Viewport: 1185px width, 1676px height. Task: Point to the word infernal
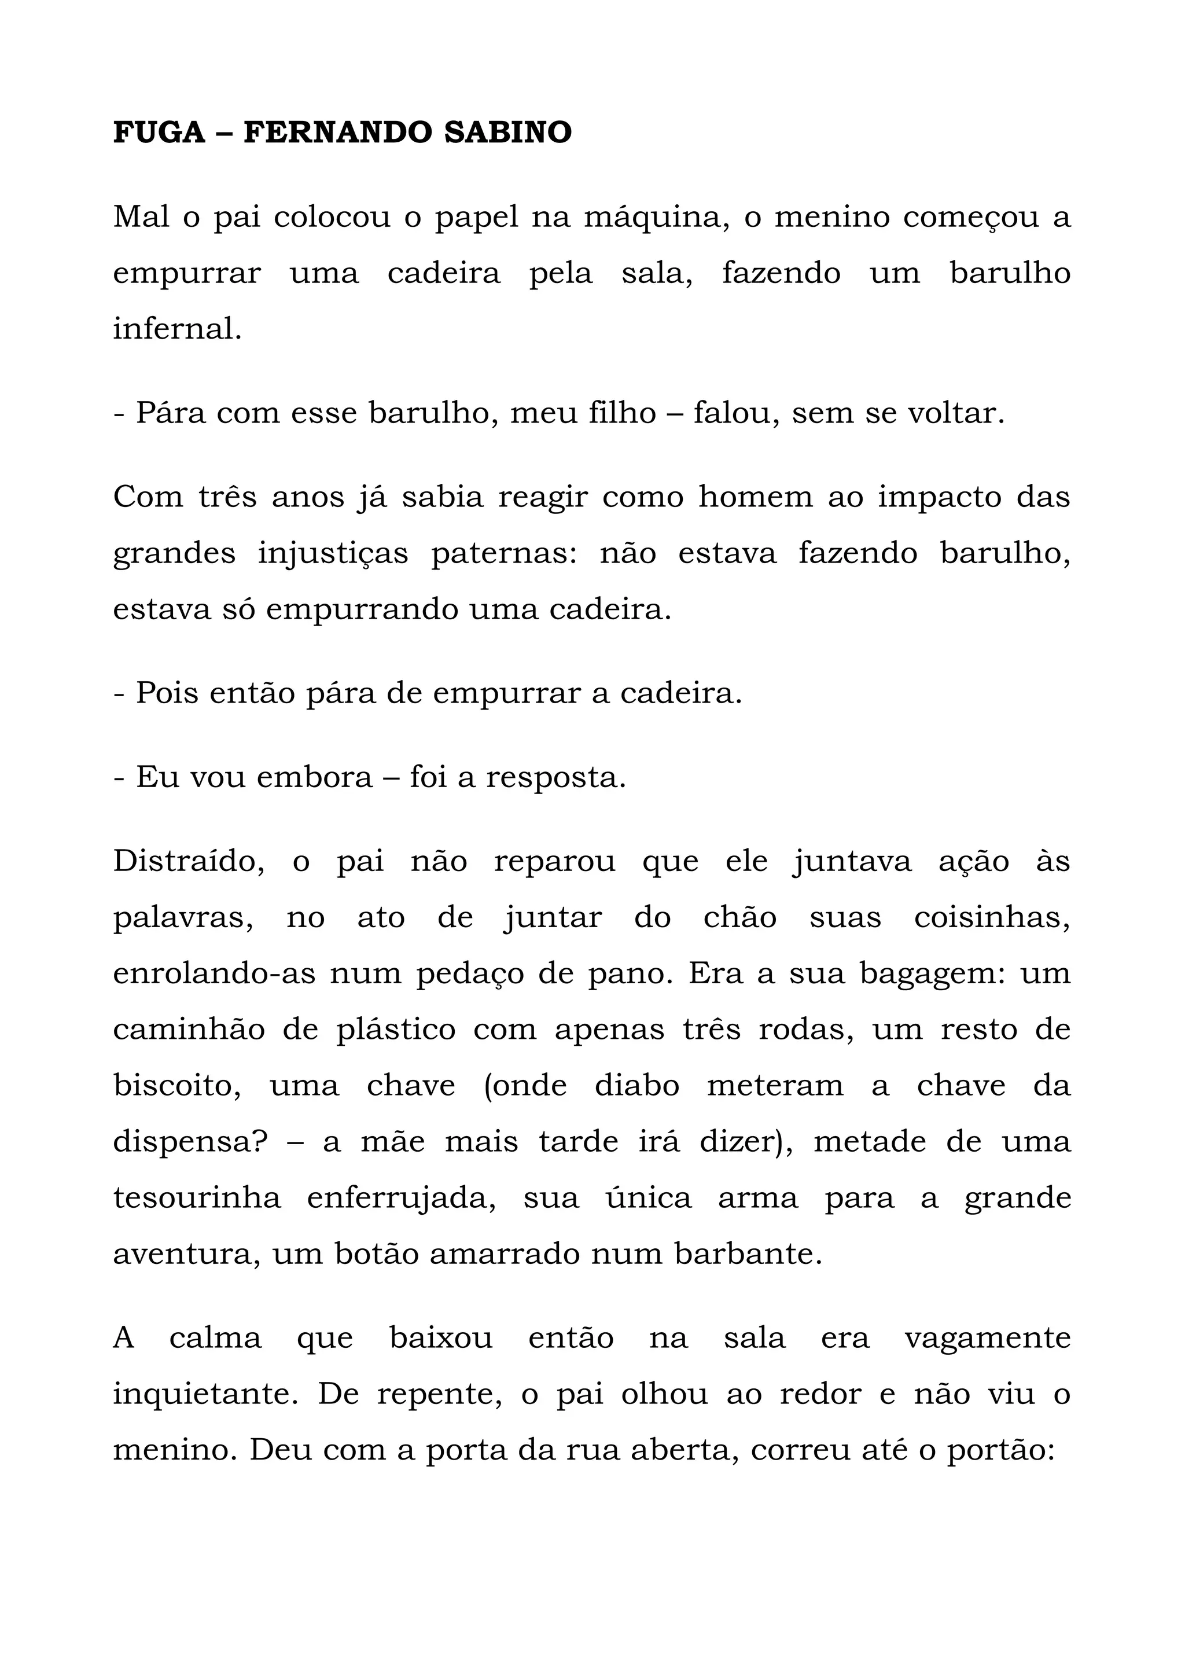point(176,329)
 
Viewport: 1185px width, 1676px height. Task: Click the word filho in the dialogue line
point(623,413)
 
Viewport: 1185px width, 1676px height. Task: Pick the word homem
point(755,497)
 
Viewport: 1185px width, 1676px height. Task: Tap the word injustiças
point(333,553)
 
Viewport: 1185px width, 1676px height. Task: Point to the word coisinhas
point(992,917)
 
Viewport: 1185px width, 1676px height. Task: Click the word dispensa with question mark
point(193,1142)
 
